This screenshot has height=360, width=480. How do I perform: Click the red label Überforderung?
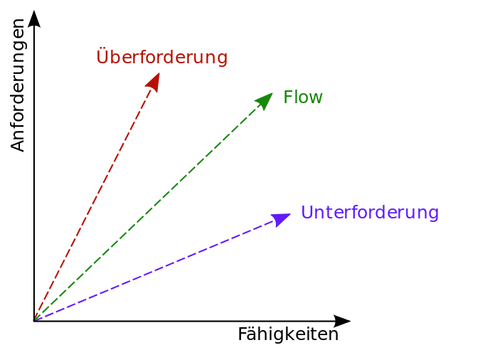pos(162,56)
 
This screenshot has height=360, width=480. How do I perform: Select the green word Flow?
pos(303,97)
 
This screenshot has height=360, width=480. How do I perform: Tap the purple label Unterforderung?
pos(370,212)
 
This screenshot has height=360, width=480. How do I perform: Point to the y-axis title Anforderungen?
pos(18,85)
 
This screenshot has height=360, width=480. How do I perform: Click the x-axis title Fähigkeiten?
pos(288,334)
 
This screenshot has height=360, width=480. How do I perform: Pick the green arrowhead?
pos(265,100)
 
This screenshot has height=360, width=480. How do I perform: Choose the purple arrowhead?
pos(280,219)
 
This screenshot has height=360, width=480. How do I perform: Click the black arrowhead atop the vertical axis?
pos(34,19)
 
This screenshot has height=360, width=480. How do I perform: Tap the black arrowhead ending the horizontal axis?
pos(342,321)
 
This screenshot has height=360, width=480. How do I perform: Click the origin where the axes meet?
pos(34,321)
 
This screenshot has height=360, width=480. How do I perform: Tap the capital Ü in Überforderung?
pos(102,55)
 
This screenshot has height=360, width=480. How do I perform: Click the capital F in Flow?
pos(288,97)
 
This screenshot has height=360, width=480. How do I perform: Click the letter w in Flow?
pos(316,99)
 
